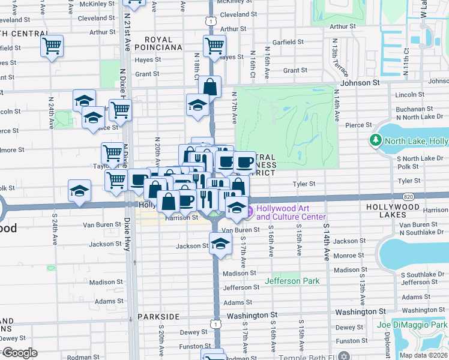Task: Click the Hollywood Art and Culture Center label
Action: [x=291, y=212]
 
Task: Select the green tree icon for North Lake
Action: [x=376, y=140]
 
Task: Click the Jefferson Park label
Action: [x=292, y=280]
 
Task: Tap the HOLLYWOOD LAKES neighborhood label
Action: [x=393, y=206]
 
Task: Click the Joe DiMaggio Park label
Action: [x=412, y=325]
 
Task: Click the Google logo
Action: [x=19, y=353]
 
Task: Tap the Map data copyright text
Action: [x=423, y=355]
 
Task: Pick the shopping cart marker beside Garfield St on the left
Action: [x=52, y=46]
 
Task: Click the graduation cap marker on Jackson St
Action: [x=220, y=244]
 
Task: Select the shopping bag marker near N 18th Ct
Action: [x=209, y=87]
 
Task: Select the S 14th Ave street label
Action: [x=327, y=242]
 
